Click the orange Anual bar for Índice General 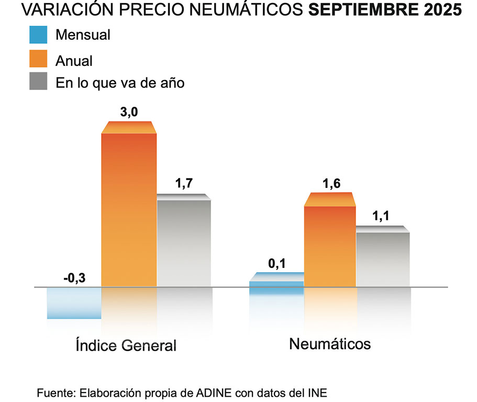pos(128,209)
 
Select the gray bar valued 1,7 pos(184,243)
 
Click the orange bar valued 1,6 pos(329,246)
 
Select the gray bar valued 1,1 pos(383,259)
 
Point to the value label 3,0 pos(128,112)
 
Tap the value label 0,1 pos(276,263)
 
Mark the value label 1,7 pos(184,184)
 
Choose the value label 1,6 pos(330,184)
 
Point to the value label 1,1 pos(383,217)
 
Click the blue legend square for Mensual pos(38,35)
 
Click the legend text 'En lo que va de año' pos(120,83)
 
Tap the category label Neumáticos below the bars pos(330,344)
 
